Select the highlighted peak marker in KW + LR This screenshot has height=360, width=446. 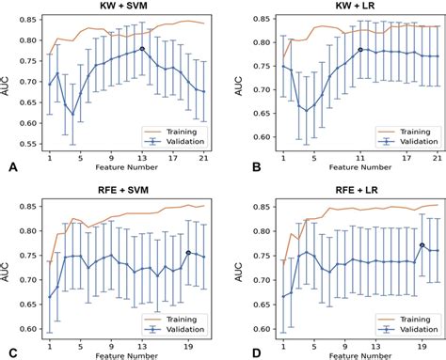(360, 50)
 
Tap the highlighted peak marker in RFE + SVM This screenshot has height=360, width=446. (188, 253)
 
